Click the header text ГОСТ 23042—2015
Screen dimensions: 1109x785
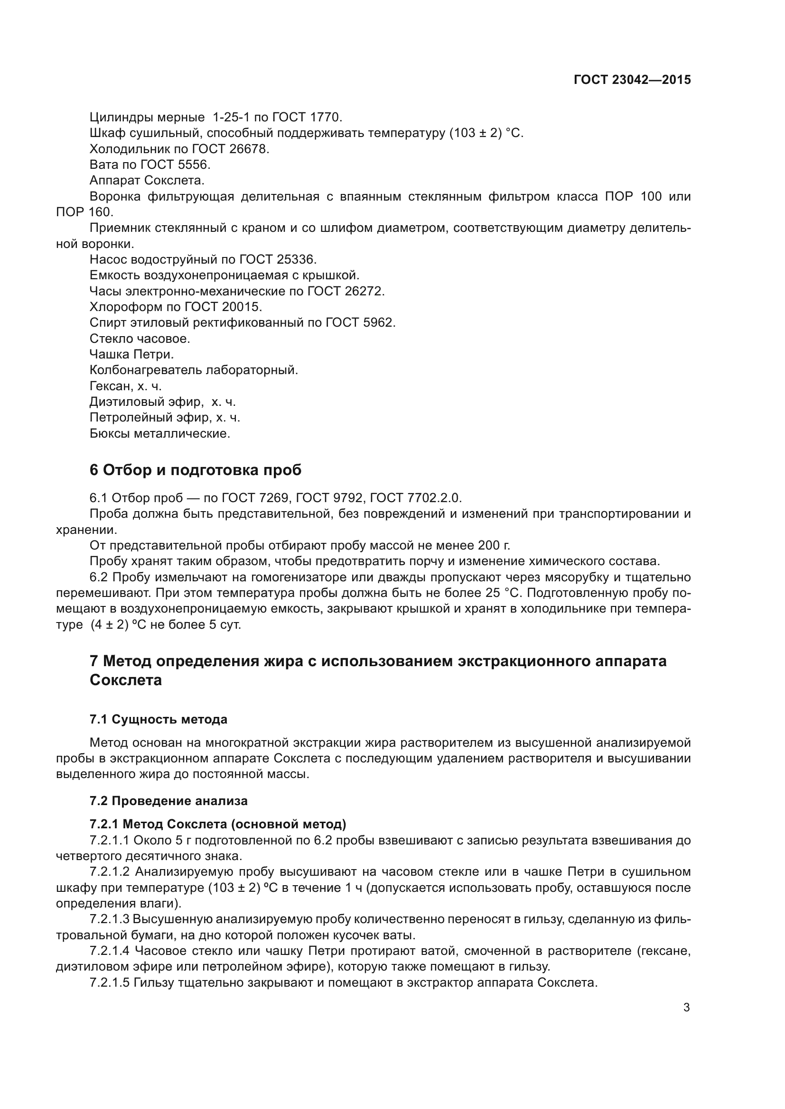tap(632, 80)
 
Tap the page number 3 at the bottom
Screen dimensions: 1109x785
tap(686, 1008)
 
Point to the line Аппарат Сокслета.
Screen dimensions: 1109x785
tap(147, 181)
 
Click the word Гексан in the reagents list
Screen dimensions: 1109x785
tap(111, 386)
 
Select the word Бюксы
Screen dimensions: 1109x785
tap(110, 434)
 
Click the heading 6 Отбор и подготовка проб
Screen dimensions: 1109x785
tap(195, 470)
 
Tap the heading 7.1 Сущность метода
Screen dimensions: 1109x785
tap(158, 720)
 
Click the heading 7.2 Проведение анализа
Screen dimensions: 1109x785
tap(168, 801)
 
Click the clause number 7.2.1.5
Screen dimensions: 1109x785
tap(110, 982)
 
